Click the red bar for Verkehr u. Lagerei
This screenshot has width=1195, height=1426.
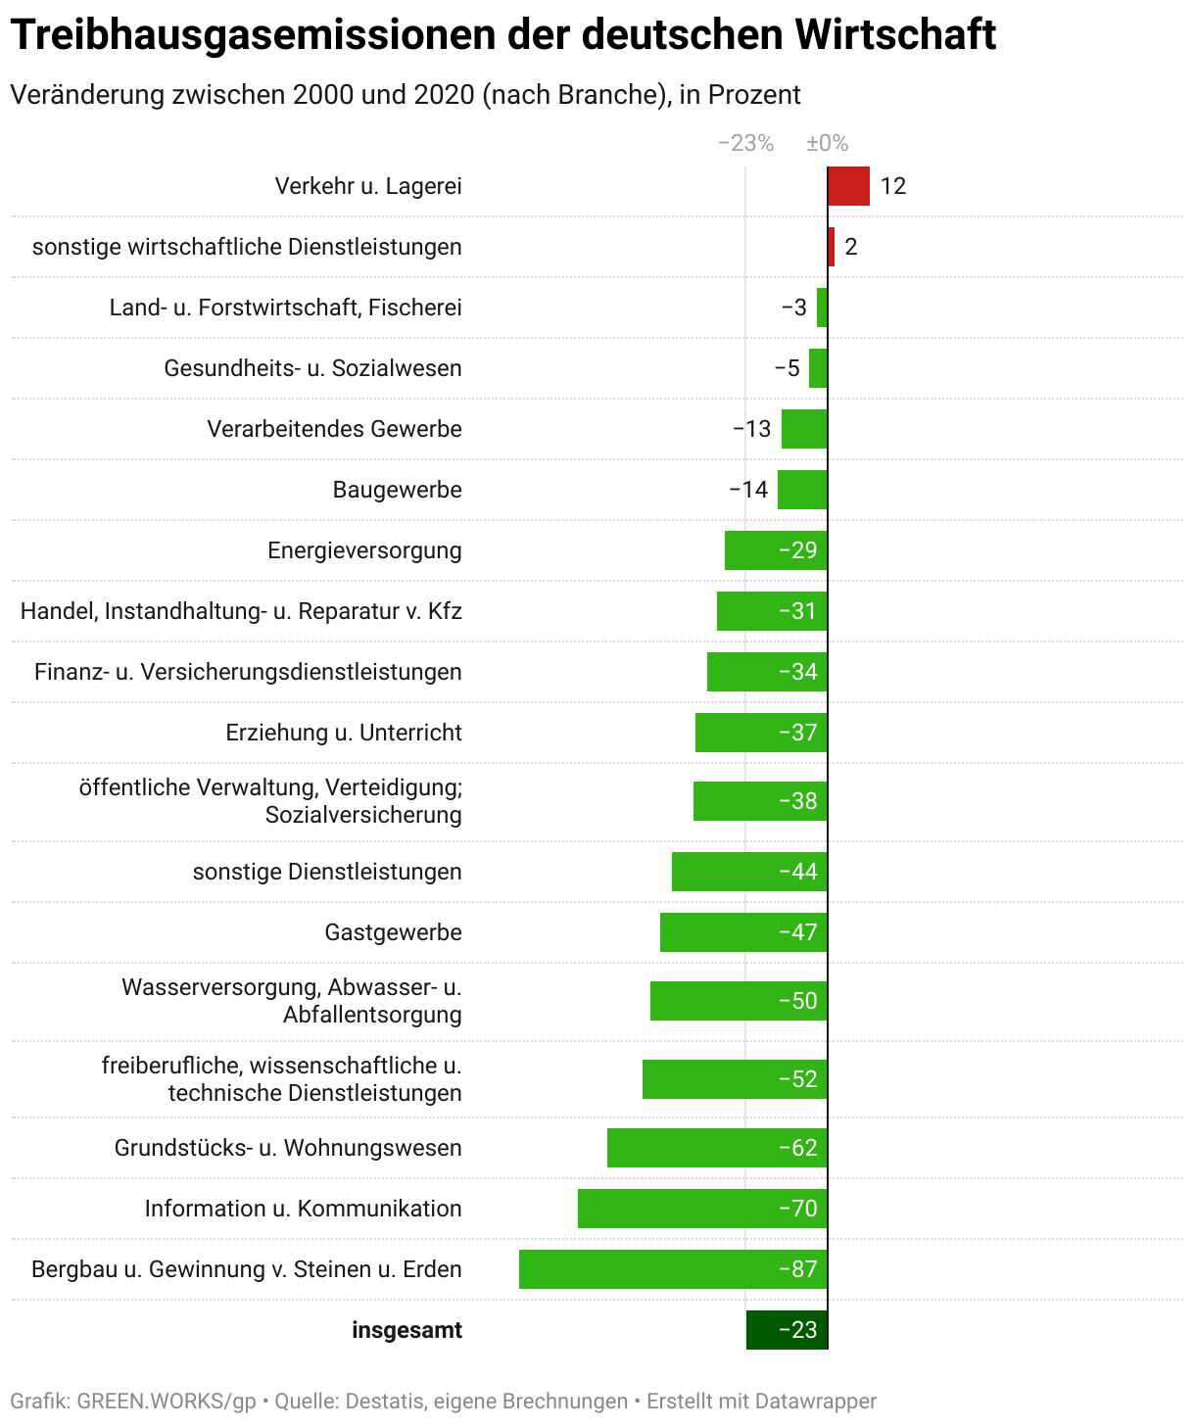tap(848, 186)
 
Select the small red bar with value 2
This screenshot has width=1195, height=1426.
tap(832, 247)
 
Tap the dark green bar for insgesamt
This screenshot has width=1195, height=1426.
tap(787, 1330)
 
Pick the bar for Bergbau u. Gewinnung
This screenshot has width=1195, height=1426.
tap(673, 1269)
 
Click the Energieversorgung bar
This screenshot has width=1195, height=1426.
tap(776, 550)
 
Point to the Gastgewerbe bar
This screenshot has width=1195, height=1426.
tap(743, 932)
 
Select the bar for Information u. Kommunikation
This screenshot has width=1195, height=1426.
tap(702, 1209)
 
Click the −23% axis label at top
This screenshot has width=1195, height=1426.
tap(745, 143)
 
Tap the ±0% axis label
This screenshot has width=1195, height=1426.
tap(827, 143)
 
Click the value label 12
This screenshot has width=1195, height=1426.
tap(892, 186)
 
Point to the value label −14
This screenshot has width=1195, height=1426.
tap(748, 490)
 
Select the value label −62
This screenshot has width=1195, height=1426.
tap(797, 1148)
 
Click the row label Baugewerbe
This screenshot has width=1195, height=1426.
tap(397, 490)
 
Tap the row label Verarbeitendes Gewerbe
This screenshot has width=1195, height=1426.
tap(334, 429)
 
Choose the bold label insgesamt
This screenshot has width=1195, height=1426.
tap(406, 1330)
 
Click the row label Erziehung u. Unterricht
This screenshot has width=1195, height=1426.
tap(344, 733)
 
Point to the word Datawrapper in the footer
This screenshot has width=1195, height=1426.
tap(815, 1402)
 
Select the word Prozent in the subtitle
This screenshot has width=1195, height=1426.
tap(754, 95)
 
